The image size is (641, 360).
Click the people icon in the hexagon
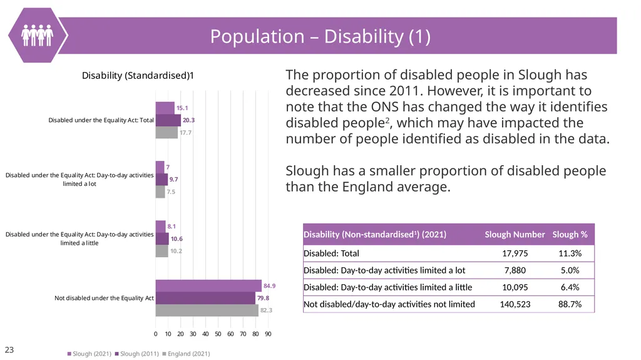[37, 35]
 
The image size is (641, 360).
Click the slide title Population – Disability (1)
[320, 36]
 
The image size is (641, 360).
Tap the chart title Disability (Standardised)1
[138, 76]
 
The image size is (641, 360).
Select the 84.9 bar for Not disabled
[208, 285]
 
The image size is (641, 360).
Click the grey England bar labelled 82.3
[207, 310]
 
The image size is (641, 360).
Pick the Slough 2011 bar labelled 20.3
[168, 120]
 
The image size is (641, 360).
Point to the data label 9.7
[174, 179]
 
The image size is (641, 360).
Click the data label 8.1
[172, 226]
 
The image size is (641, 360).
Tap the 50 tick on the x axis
[218, 334]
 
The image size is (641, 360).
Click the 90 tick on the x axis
[268, 334]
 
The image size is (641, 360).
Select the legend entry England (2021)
[186, 354]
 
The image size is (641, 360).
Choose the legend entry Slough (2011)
[137, 354]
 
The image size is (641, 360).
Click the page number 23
[9, 350]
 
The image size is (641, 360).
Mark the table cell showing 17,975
[515, 253]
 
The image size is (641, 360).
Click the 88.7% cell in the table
[570, 304]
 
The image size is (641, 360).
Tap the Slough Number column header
[515, 234]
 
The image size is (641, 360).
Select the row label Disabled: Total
[331, 253]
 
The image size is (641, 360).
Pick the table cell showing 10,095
[515, 287]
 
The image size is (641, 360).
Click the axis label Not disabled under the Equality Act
[104, 298]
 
